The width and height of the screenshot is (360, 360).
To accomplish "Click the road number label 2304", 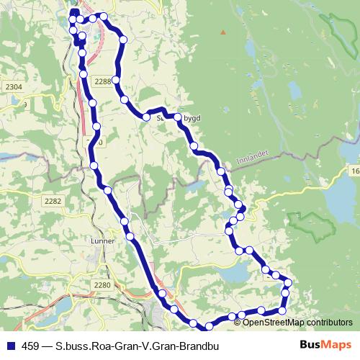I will click(x=13, y=86).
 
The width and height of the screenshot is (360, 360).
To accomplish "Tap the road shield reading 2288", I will click(x=102, y=81).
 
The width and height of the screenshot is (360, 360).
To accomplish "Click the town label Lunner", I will click(x=103, y=241).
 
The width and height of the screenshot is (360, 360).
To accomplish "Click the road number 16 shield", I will click(x=355, y=171).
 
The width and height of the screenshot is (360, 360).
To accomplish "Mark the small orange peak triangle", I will click(x=223, y=32).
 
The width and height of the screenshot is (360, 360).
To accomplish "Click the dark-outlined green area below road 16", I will click(x=311, y=227).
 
